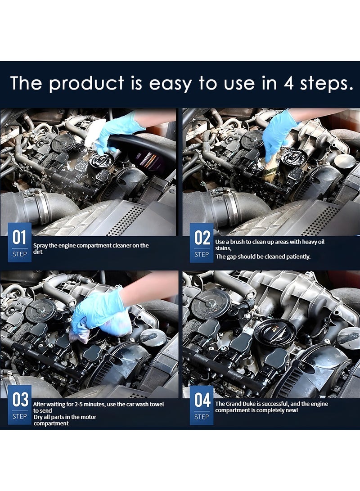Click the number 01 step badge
point(19,243)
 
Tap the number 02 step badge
point(202,243)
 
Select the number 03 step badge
point(19,405)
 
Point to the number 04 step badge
point(202,405)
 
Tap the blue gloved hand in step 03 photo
point(97,311)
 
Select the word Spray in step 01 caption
point(41,245)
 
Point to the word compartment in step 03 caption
point(51,423)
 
